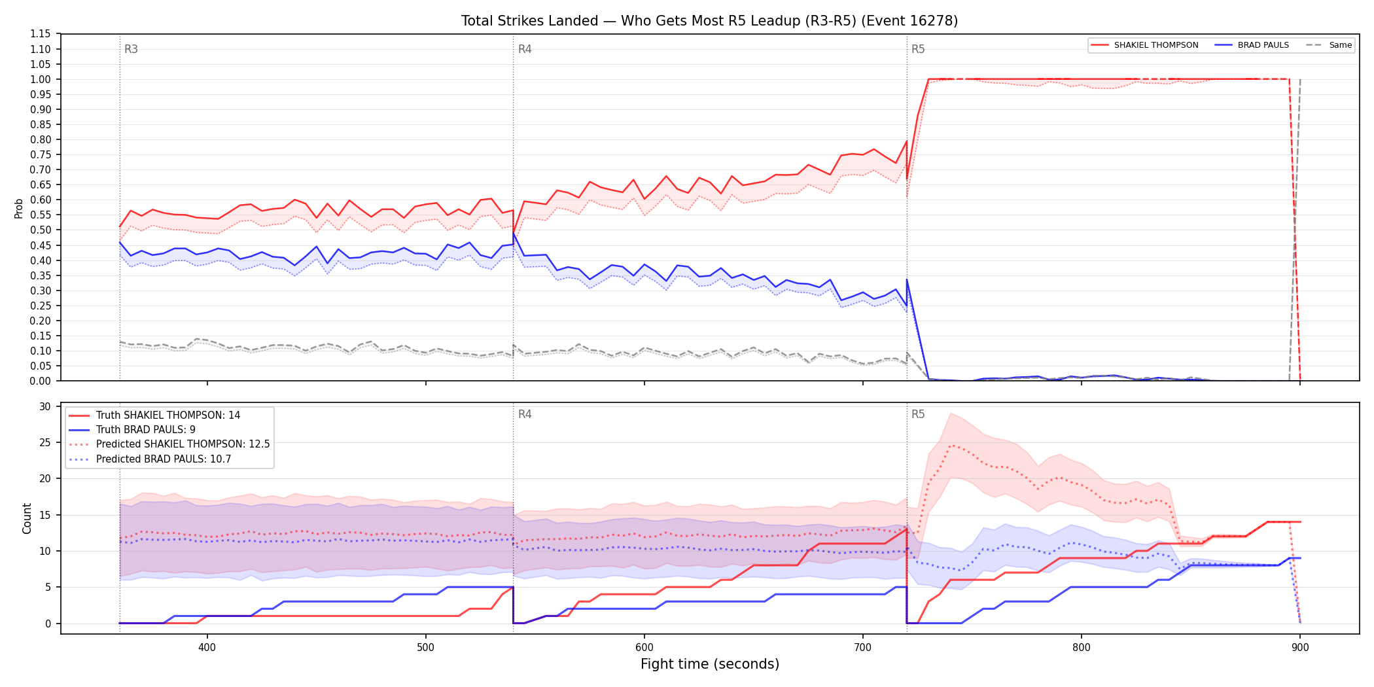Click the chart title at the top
(709, 21)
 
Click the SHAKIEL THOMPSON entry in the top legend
(1156, 45)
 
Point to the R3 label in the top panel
(131, 49)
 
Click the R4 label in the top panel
(525, 49)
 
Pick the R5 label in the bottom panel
(918, 414)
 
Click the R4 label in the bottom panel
(525, 414)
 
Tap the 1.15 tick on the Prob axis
(41, 34)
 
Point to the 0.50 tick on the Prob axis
(41, 230)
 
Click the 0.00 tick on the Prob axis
(41, 381)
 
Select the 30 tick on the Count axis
(45, 406)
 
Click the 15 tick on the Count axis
(45, 515)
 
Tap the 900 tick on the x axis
(1300, 647)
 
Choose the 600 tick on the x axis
(644, 647)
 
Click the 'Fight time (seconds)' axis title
(710, 664)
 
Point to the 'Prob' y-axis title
(19, 208)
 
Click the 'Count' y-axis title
(27, 518)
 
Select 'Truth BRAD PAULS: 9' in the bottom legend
(146, 430)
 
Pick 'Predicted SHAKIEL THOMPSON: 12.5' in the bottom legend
(183, 444)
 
